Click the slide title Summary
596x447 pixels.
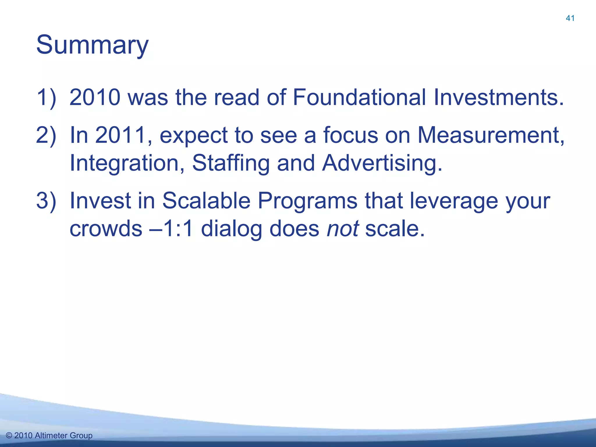click(92, 45)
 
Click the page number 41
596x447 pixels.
click(570, 18)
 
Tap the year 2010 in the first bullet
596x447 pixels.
click(95, 97)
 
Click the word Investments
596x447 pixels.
click(499, 97)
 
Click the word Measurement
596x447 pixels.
click(491, 135)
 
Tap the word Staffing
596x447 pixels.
click(231, 163)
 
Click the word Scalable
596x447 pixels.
click(206, 201)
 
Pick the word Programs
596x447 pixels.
click(308, 201)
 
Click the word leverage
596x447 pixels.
click(454, 201)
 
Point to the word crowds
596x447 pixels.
click(106, 229)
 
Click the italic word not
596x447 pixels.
click(343, 229)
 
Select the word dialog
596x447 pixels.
click(232, 229)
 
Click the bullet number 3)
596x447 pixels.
click(46, 201)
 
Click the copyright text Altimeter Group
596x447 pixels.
click(63, 436)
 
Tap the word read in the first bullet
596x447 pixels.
click(236, 97)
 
